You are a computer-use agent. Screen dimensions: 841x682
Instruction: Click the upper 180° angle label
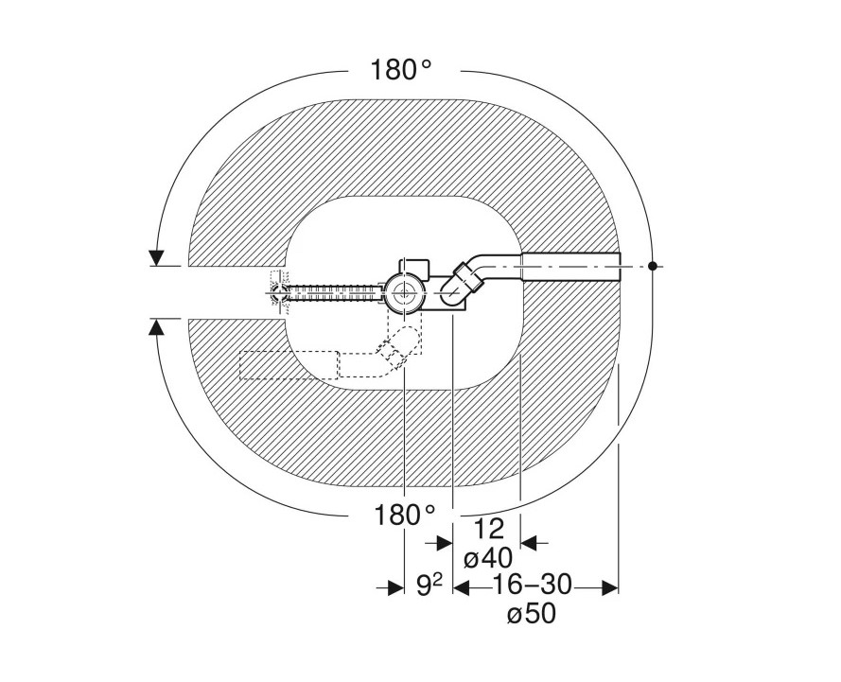click(x=401, y=70)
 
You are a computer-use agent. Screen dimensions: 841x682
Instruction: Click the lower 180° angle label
click(x=404, y=516)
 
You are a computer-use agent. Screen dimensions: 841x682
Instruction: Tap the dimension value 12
click(x=489, y=529)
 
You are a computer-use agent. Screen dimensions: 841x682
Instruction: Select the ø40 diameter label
click(x=488, y=559)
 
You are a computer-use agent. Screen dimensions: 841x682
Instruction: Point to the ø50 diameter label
click(x=532, y=614)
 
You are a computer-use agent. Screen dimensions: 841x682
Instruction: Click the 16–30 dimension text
click(x=532, y=585)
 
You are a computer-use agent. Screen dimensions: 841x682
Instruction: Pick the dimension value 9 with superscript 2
click(x=429, y=586)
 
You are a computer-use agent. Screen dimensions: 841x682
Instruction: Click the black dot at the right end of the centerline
click(x=652, y=266)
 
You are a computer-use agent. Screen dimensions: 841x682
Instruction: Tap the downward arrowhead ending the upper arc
click(x=156, y=258)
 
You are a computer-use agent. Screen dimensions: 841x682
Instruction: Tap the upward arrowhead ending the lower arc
click(x=156, y=326)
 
